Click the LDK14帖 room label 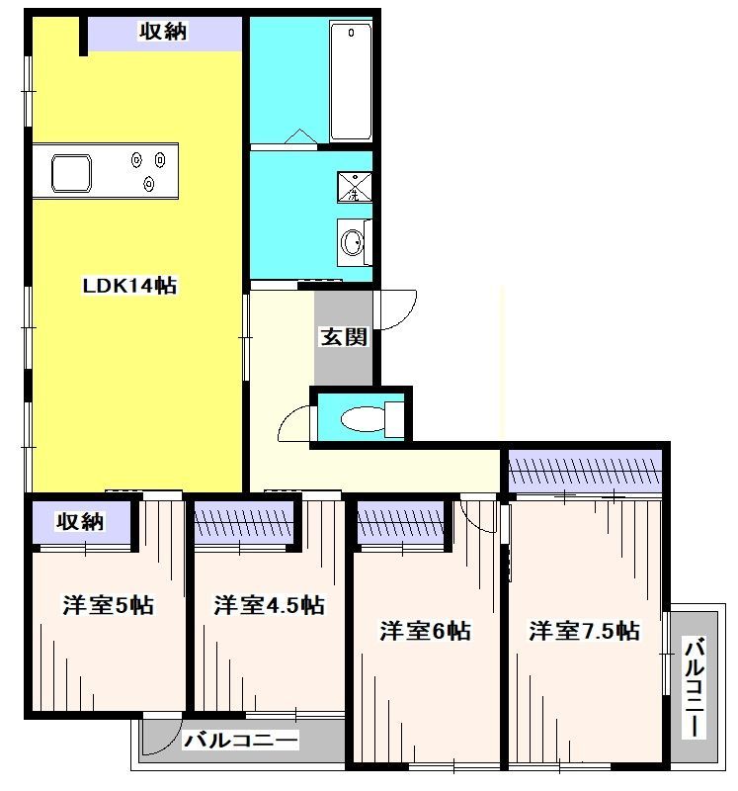tap(128, 287)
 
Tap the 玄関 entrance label tap(343, 337)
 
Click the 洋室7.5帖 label tap(583, 630)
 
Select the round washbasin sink tap(352, 240)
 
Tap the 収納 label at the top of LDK tap(162, 32)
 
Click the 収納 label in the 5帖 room tap(79, 521)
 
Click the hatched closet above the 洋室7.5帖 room tap(584, 466)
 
